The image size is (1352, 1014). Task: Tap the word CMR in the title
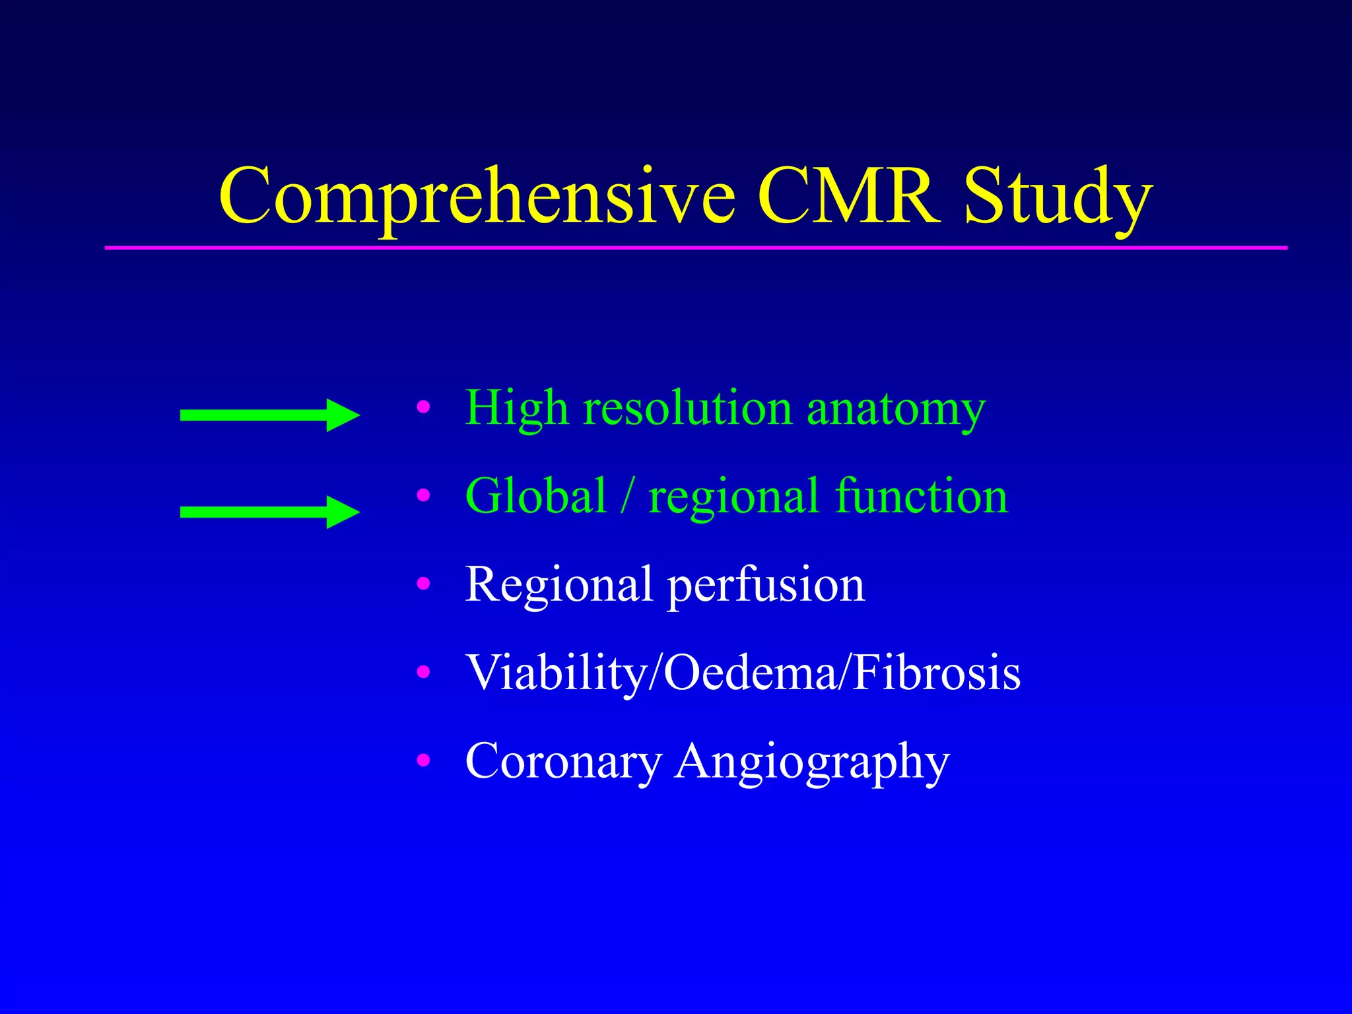[848, 197]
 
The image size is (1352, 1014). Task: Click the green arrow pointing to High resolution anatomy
[269, 415]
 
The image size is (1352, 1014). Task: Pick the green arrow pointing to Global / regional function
[269, 512]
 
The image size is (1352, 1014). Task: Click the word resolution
[687, 408]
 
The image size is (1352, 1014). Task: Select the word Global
[535, 496]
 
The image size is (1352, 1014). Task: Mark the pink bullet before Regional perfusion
[423, 584]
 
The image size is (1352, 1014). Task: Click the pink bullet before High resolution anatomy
[423, 407]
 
